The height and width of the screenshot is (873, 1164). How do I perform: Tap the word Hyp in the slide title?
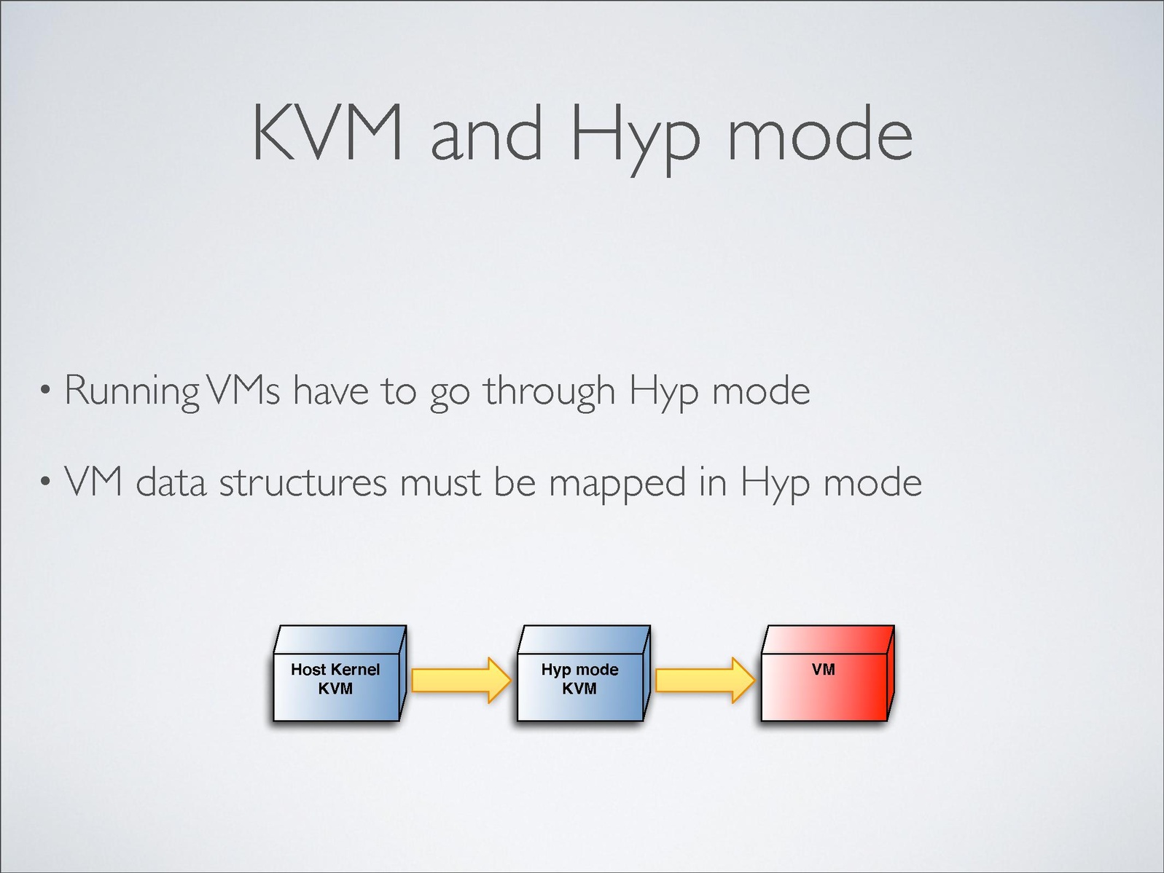click(636, 139)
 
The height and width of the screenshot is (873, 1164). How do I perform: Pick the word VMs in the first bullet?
click(243, 390)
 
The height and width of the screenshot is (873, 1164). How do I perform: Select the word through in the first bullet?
click(550, 392)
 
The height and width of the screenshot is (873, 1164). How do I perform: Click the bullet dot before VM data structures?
click(46, 482)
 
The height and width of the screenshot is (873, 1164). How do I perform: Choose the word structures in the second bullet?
click(303, 482)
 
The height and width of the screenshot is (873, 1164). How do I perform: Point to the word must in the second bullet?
click(440, 483)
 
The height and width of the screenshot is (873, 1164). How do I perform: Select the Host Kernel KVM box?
click(340, 673)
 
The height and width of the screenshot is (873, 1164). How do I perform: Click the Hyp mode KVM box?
click(583, 673)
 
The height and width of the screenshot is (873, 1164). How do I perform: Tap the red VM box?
click(827, 673)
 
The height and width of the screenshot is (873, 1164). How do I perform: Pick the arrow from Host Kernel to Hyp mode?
click(461, 680)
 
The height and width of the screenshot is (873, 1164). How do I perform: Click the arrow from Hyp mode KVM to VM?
click(706, 680)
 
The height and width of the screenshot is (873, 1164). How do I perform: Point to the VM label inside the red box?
click(824, 670)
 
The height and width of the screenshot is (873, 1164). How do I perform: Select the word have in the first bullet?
click(331, 391)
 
